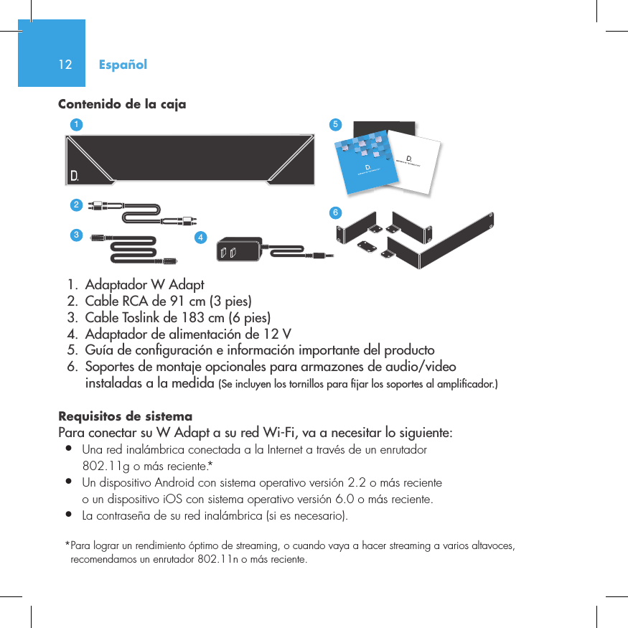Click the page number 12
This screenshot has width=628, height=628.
65,65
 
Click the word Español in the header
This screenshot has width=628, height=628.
123,65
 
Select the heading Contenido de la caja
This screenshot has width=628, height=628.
121,105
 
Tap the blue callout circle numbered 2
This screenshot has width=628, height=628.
75,205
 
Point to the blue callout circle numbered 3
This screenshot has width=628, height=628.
75,235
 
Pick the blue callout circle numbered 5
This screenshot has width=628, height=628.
334,124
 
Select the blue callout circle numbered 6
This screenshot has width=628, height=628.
334,212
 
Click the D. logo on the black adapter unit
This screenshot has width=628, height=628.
74,175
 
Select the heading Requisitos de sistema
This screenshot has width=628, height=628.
125,417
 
